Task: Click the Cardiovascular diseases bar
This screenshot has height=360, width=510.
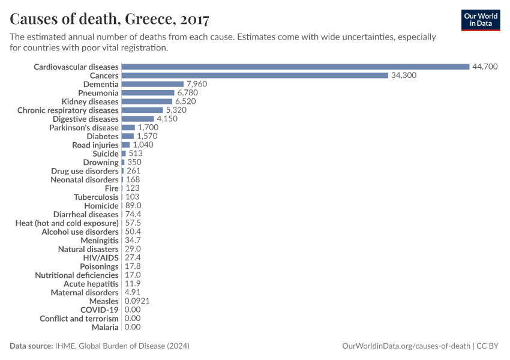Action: [x=295, y=67]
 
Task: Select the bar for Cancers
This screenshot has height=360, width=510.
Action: [x=255, y=76]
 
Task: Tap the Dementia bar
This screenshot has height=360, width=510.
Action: [x=152, y=84]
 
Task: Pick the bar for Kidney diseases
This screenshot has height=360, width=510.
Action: [x=147, y=101]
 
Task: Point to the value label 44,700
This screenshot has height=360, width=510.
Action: [x=485, y=67]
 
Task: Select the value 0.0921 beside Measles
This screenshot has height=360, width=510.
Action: [x=139, y=301]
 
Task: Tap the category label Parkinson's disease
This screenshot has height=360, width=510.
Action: [x=84, y=128]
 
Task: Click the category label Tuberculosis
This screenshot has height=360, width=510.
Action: [x=96, y=197]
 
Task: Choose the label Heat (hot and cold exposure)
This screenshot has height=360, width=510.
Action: [x=67, y=223]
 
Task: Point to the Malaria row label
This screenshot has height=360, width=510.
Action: [x=105, y=327]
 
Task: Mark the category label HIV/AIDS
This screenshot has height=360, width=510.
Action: [x=101, y=258]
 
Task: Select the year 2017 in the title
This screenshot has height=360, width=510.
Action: [x=193, y=19]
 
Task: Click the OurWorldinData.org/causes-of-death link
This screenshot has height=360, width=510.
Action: [x=406, y=346]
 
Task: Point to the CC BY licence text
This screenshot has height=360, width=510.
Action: [x=489, y=346]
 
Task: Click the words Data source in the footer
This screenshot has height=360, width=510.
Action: [x=31, y=346]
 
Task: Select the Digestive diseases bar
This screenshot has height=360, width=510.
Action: [x=138, y=119]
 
